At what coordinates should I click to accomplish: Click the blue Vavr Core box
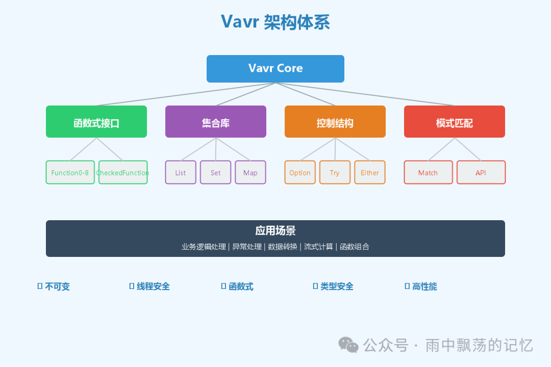point(275,68)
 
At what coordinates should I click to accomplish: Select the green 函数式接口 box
point(96,122)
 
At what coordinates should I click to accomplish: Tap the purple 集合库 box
point(216,122)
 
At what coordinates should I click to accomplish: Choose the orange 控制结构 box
point(335,122)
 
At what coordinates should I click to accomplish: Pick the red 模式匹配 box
point(454,122)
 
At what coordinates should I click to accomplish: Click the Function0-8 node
point(70,172)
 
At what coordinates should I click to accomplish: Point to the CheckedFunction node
point(123,172)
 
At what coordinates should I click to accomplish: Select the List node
point(181,172)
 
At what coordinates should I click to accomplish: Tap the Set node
point(215,172)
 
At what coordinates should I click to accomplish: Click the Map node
point(250,172)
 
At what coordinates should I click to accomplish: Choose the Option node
point(299,172)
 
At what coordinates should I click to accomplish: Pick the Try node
point(335,172)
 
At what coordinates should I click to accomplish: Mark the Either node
point(369,172)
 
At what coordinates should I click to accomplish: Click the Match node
point(428,172)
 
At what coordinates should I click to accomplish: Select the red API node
point(481,172)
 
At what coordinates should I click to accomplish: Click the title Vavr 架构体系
point(275,22)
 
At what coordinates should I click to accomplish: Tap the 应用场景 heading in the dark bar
point(275,230)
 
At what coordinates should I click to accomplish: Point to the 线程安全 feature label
point(153,286)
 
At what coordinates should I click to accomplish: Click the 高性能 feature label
point(424,286)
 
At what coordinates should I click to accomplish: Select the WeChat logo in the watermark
point(349,345)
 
